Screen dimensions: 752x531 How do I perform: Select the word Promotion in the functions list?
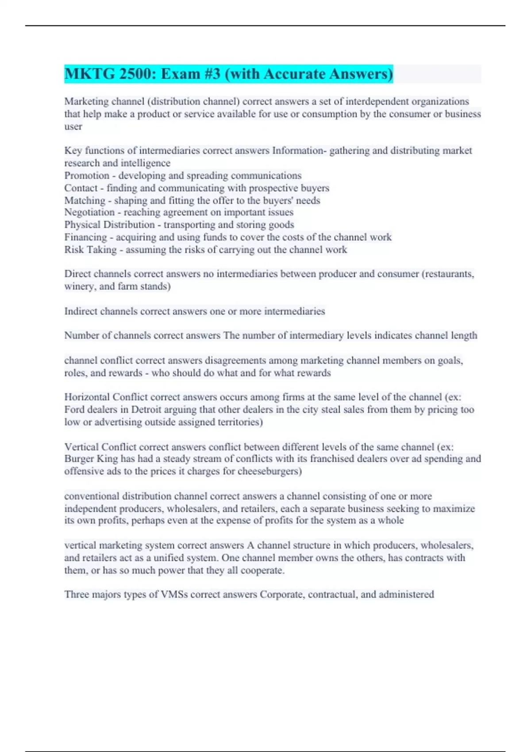click(x=87, y=176)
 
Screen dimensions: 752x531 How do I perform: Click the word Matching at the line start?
click(x=85, y=200)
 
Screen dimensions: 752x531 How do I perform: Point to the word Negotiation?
click(x=89, y=212)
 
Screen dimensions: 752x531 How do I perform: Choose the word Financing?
click(x=85, y=237)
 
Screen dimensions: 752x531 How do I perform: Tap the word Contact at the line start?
click(x=81, y=188)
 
